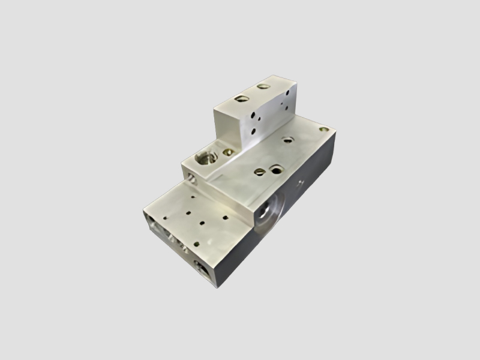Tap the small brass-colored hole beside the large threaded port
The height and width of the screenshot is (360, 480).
tap(227, 152)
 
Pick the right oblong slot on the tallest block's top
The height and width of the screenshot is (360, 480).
tap(262, 86)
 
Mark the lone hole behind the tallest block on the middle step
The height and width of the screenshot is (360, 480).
tap(287, 140)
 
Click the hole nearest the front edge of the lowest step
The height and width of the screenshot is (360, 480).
tap(202, 223)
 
